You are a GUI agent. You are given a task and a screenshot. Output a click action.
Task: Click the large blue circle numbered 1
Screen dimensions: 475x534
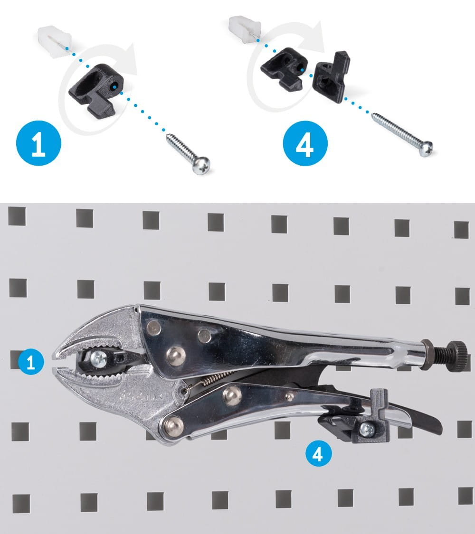point(38,143)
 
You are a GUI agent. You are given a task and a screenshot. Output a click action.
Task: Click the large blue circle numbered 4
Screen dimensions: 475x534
point(305,143)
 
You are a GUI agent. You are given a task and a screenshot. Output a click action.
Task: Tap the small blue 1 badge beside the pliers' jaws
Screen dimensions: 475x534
point(31,362)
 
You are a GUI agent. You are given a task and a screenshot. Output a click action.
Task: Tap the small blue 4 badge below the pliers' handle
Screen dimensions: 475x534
point(319,454)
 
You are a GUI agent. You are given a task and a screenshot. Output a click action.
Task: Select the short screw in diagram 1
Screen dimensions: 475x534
point(188,154)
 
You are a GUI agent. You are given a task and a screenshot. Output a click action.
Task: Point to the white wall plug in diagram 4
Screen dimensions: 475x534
point(244,29)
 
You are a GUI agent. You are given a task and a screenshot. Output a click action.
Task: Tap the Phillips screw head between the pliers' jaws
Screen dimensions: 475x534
point(99,358)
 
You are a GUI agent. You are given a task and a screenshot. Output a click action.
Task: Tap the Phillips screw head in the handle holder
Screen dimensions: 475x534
point(367,430)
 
